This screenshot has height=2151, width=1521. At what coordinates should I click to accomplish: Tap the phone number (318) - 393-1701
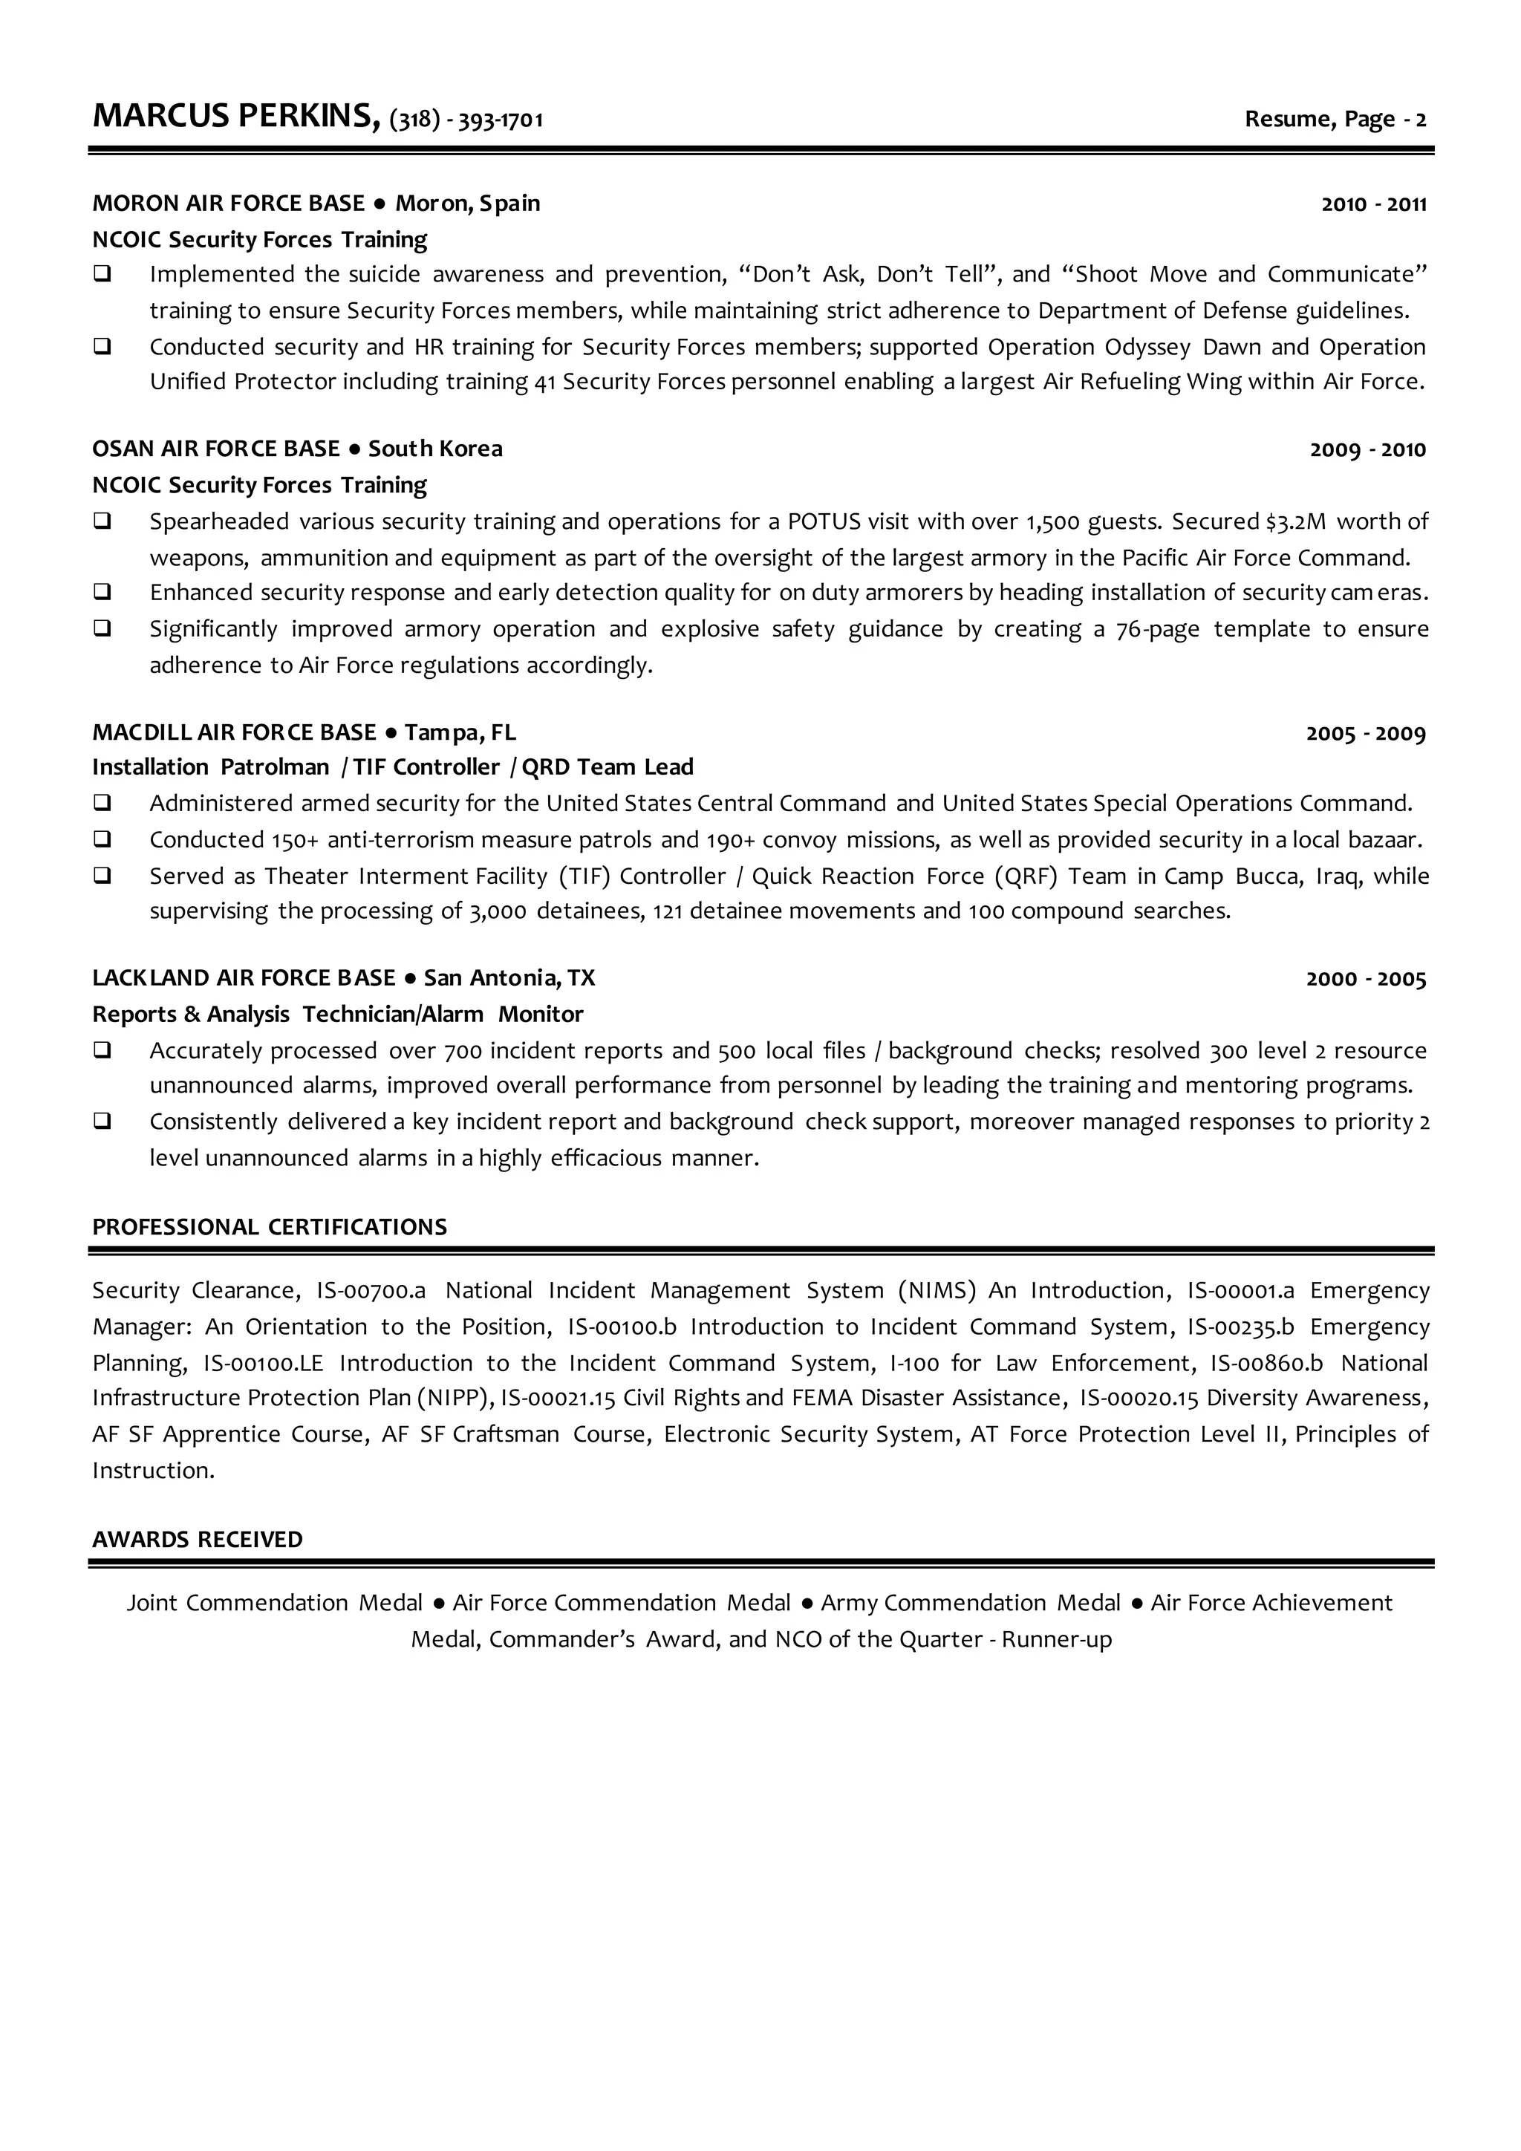[466, 120]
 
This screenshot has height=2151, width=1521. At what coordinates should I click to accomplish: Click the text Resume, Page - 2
[1335, 119]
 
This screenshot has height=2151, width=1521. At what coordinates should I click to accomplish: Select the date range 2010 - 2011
[1373, 204]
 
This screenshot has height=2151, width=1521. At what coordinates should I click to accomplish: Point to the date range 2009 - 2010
[1367, 449]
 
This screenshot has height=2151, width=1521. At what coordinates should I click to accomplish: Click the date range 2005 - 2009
[1366, 734]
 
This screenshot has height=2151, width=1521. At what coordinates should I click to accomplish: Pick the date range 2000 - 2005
[1366, 979]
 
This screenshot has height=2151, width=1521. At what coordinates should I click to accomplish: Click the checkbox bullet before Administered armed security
[102, 803]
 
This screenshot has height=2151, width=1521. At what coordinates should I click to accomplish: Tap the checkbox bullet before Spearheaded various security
[102, 521]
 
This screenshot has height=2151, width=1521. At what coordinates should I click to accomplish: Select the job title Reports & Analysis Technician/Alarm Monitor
[337, 1015]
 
